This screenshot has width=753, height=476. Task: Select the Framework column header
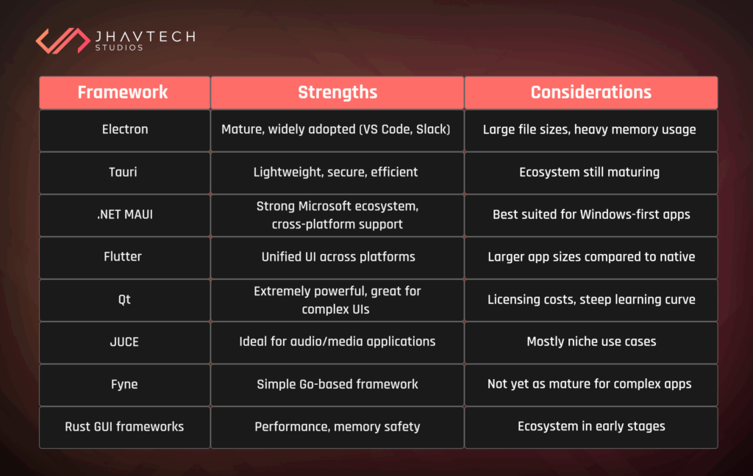point(123,93)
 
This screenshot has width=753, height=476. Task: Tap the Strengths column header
point(338,93)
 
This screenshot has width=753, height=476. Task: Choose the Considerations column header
point(590,93)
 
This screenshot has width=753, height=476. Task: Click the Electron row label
point(125,129)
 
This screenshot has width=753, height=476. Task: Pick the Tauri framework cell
point(125,172)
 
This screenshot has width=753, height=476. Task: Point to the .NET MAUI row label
point(125,214)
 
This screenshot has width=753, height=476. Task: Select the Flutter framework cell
point(125,257)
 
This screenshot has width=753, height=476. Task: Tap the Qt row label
point(125,300)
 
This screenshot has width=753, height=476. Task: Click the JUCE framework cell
point(125,342)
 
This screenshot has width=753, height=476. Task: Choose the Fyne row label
point(125,384)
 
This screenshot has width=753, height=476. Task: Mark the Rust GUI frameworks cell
point(125,427)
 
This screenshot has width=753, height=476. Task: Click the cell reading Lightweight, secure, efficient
point(336,172)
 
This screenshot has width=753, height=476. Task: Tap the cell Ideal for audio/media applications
point(338,342)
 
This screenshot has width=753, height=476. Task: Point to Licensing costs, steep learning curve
point(591,300)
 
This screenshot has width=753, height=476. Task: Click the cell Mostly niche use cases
point(591,342)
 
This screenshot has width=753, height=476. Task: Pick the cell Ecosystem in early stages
point(591,427)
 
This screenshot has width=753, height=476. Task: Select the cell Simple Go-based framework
point(338,384)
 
